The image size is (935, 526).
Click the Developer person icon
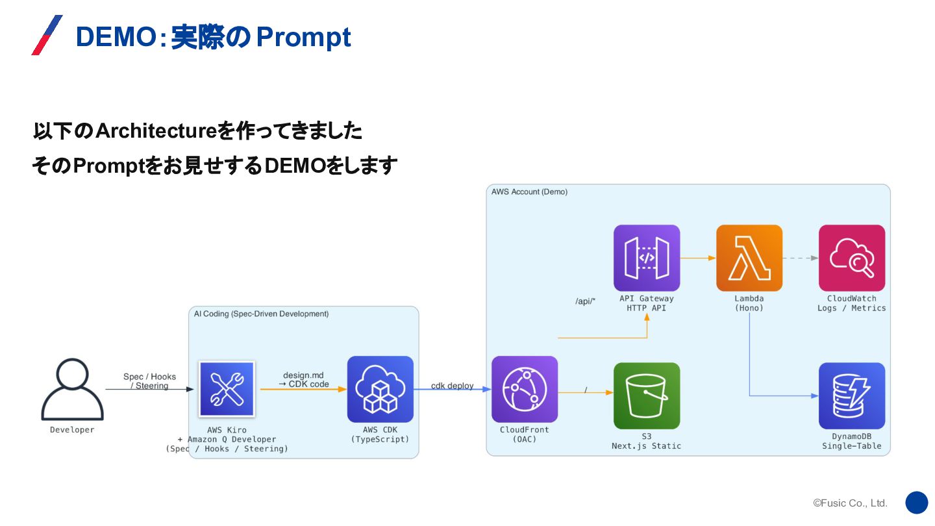click(x=72, y=390)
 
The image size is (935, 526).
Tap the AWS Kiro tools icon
click(x=227, y=388)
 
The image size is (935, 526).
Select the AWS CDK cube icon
click(x=380, y=389)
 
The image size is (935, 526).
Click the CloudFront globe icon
click(x=524, y=389)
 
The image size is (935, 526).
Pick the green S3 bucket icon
click(x=646, y=395)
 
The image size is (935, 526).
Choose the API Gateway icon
click(x=646, y=258)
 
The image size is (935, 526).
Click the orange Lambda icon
click(x=749, y=258)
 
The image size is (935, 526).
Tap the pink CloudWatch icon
click(x=851, y=258)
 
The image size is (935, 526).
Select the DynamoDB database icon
click(x=851, y=395)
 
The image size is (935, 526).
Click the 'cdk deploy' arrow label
click(x=452, y=386)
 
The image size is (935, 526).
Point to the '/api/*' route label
click(x=585, y=301)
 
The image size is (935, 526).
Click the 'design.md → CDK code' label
click(x=303, y=380)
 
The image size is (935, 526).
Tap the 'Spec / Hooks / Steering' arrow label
click(x=149, y=381)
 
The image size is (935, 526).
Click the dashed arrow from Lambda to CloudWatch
click(x=800, y=258)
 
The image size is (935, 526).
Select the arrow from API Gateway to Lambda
click(x=698, y=258)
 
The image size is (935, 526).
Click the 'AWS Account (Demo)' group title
click(x=529, y=192)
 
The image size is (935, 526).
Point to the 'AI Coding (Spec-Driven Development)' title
click(x=261, y=314)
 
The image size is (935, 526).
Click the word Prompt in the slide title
click(x=303, y=38)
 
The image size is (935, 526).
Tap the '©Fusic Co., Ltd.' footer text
click(x=850, y=503)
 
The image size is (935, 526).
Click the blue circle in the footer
click(x=916, y=503)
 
